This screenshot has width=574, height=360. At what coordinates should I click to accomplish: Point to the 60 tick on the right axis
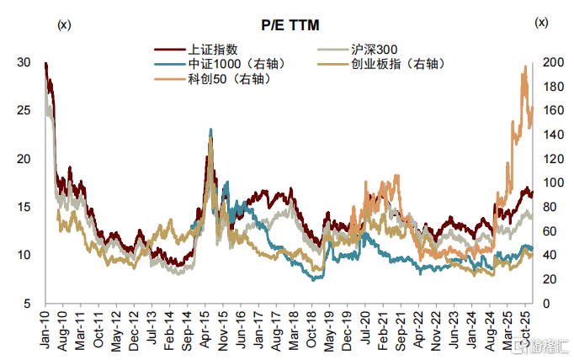coord(549,230)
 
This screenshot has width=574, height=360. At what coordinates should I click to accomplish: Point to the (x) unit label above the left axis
coord(64,24)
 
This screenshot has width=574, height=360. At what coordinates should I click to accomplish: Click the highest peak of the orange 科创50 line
coord(526,66)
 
